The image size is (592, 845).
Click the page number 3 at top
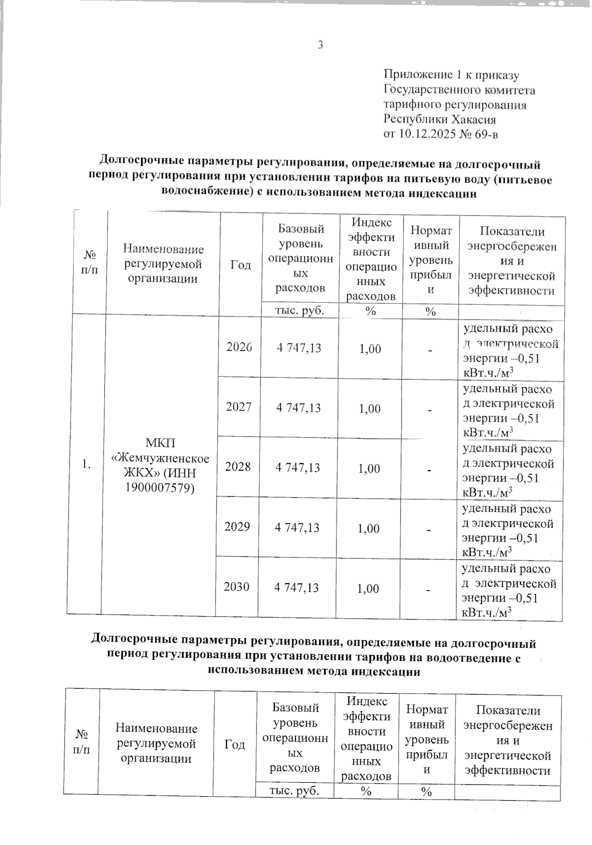(321, 45)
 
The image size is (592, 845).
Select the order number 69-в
(487, 134)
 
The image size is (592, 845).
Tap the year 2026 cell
(239, 347)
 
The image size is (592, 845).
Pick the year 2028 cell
(238, 467)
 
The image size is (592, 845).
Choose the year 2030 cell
(237, 587)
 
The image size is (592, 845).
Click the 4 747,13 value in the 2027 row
(298, 407)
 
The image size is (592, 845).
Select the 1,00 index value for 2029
(369, 528)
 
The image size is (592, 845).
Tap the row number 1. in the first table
(87, 464)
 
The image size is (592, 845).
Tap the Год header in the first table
(241, 265)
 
